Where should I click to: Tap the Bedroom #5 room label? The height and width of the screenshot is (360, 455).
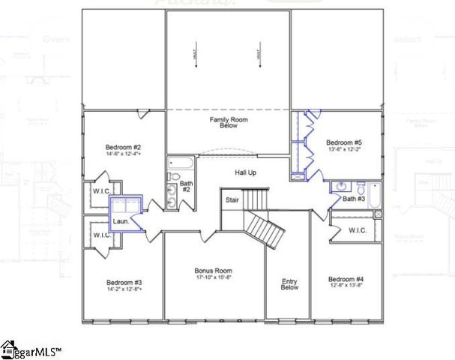pos(344,142)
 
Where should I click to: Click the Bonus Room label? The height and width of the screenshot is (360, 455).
pos(213,270)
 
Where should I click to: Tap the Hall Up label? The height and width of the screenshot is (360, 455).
pos(246,173)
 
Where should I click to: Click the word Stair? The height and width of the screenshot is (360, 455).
pos(232,200)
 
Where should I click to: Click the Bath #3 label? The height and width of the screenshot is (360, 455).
pos(354,199)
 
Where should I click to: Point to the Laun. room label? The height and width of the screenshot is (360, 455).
pos(121,221)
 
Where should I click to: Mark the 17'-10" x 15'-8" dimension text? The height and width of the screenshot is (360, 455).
pos(213,278)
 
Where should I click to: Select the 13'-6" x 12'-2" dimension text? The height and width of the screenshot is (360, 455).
pos(344,150)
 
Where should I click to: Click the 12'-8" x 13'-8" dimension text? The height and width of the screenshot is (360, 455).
pos(345,286)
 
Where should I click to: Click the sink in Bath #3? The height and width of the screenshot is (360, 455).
pos(341,186)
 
